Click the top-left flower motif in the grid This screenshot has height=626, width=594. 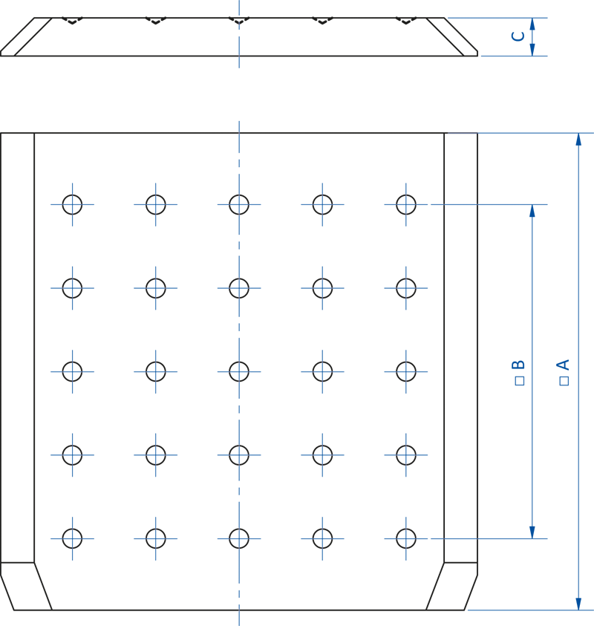click(72, 204)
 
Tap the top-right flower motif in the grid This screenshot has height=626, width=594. click(406, 204)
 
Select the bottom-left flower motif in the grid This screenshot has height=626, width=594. click(72, 538)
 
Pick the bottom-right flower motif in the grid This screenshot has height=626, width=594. click(406, 538)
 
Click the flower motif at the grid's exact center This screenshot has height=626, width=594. click(239, 371)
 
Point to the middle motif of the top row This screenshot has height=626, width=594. click(239, 204)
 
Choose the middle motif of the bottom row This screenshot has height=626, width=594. click(239, 538)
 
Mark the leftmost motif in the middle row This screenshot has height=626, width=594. click(72, 371)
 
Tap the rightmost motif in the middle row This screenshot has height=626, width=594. click(406, 371)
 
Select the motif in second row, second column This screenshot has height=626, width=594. click(156, 288)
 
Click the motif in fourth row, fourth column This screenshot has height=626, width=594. click(323, 455)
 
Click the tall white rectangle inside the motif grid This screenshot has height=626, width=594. click(281, 396)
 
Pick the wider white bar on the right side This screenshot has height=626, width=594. click(545, 396)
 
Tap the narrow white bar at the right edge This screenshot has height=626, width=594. click(586, 396)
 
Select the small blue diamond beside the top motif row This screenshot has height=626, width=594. click(460, 204)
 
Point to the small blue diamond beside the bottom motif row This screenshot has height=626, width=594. click(460, 536)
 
